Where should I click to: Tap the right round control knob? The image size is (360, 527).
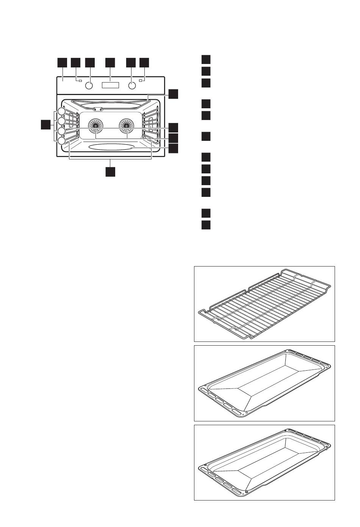point(131,86)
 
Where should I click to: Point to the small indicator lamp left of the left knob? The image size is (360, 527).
point(80,80)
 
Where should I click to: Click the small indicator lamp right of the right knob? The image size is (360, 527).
point(141,80)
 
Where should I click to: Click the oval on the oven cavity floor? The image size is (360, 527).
point(110,147)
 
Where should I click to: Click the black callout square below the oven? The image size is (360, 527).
point(110,172)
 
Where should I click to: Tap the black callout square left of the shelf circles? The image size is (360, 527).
point(46,125)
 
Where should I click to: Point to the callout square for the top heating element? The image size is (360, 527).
point(173,94)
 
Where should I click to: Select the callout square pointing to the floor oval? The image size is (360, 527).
point(173,148)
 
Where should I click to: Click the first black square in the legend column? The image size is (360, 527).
point(206,59)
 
